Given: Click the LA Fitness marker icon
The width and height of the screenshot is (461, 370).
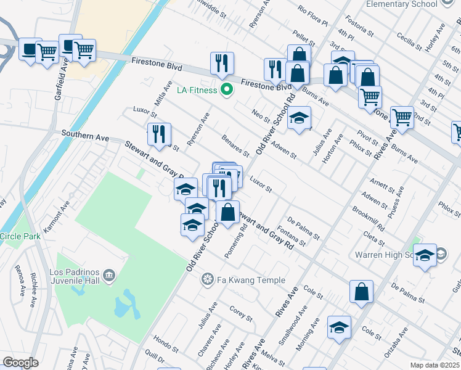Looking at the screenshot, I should pos(227,90).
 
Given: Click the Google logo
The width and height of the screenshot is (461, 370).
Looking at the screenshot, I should pos(20,362).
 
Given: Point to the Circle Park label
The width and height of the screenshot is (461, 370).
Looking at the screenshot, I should pos(19,236).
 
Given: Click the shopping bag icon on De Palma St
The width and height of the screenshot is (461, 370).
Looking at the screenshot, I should pos(362,292).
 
